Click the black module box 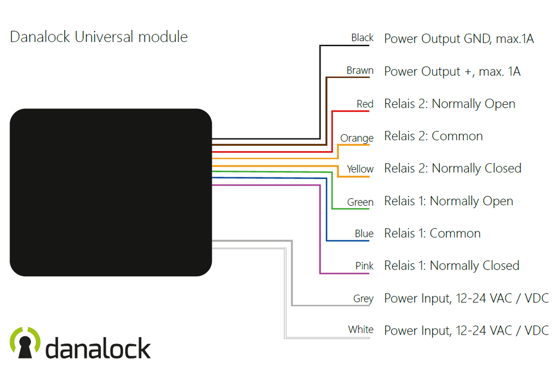111,192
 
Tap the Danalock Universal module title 99,37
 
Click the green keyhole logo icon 25,343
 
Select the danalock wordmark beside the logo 98,348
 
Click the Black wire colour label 362,38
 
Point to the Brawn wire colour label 360,70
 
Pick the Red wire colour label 365,104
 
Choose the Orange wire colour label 357,138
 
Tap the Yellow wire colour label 360,169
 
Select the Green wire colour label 360,203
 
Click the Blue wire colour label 364,234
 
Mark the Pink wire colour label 364,266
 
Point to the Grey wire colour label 363,299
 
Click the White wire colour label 361,330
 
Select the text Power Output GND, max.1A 459,39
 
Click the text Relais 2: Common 433,136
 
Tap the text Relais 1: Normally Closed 452,266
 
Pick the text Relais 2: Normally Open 450,104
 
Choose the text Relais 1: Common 432,234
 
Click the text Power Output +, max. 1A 452,72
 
